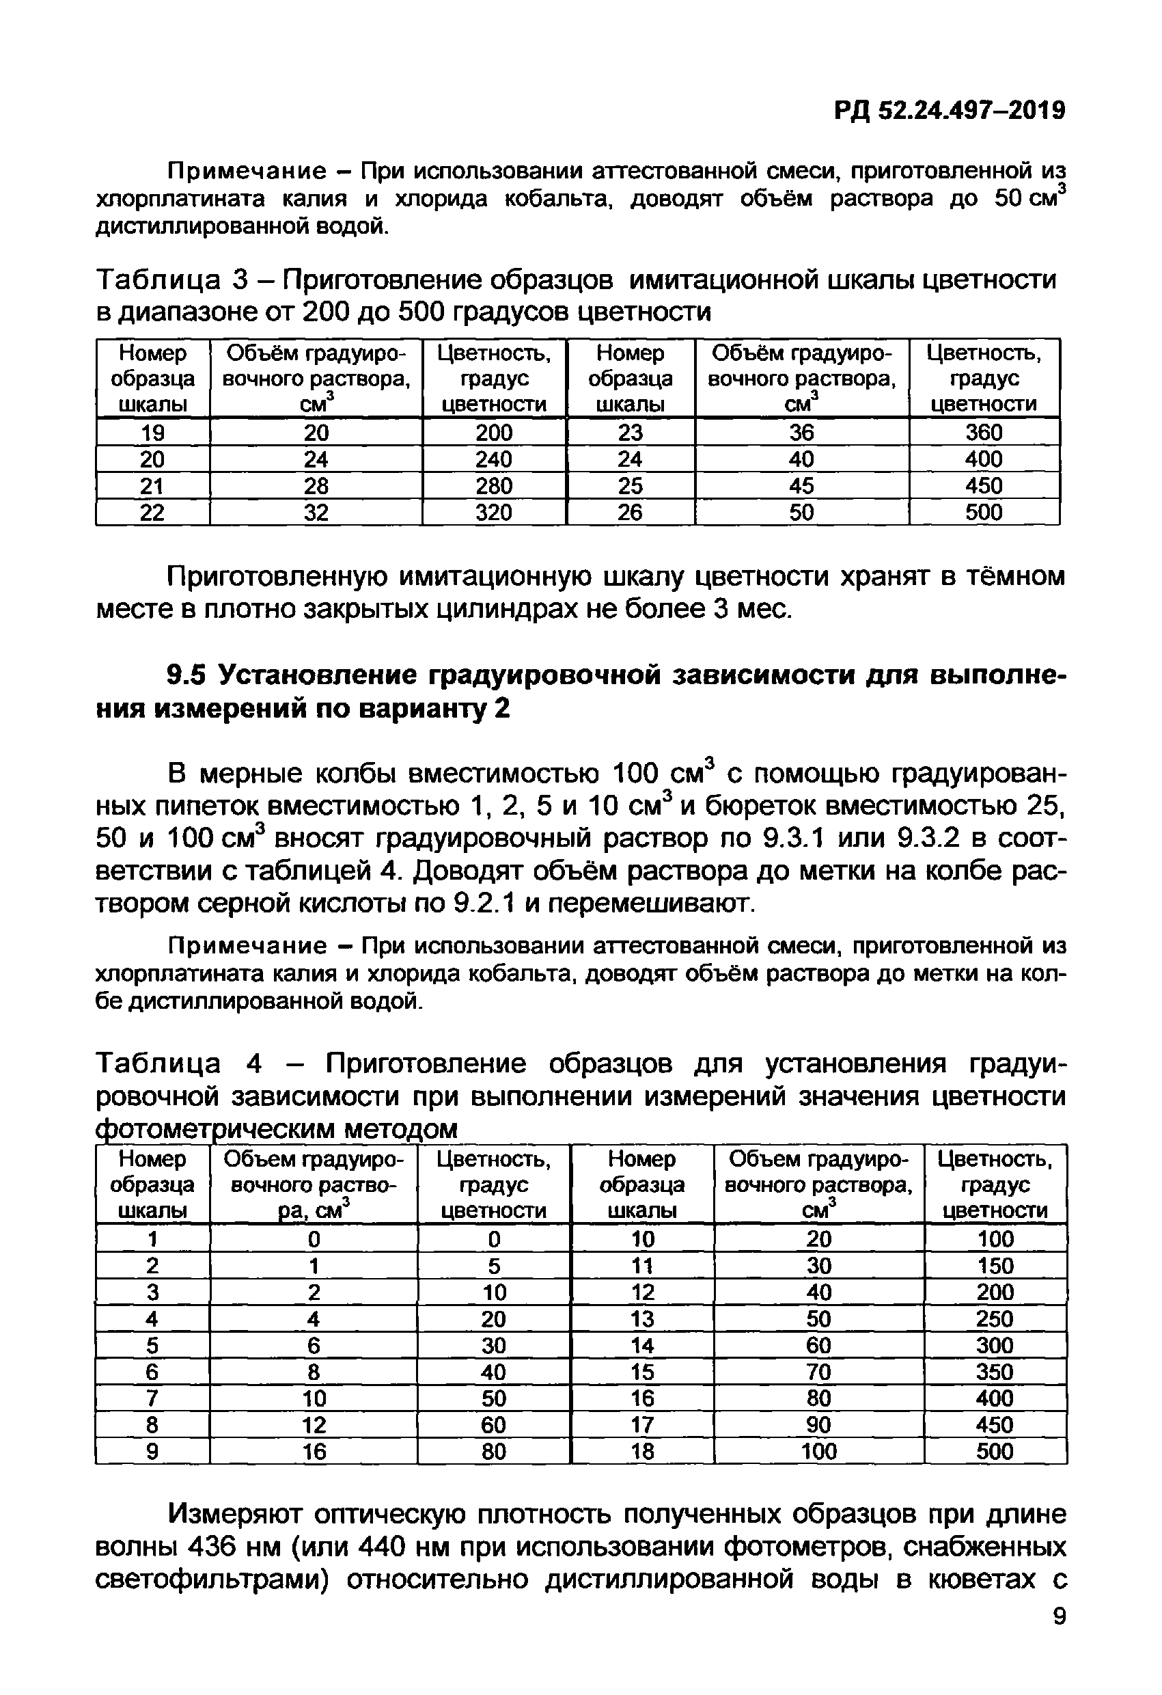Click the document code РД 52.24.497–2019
click(949, 111)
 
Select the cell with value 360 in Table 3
click(984, 432)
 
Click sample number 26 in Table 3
click(630, 512)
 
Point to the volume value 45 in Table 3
click(801, 486)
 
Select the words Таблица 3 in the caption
click(173, 280)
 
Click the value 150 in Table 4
click(995, 1265)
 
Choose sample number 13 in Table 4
click(642, 1318)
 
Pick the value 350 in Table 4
click(995, 1372)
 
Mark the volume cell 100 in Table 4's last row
click(818, 1452)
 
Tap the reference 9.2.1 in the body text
click(484, 904)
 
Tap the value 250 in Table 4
click(995, 1318)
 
